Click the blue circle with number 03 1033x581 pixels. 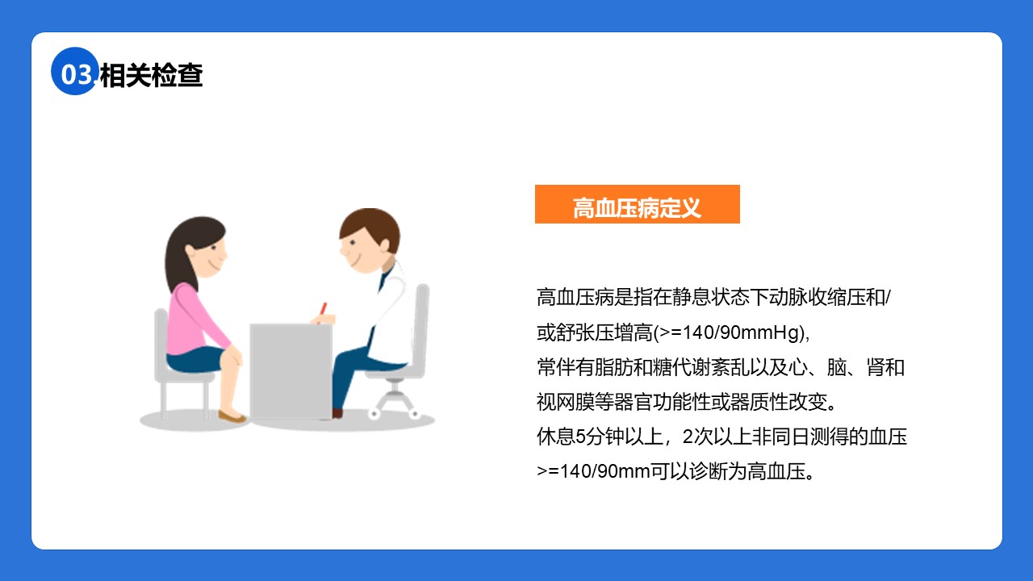click(x=74, y=72)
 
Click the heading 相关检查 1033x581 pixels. click(x=151, y=75)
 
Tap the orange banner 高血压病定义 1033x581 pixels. click(x=638, y=204)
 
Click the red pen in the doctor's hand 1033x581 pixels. click(x=324, y=308)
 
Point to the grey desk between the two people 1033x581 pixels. click(x=291, y=371)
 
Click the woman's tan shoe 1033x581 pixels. click(x=232, y=417)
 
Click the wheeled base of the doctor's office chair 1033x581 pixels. click(x=395, y=403)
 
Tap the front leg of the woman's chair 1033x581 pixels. click(x=206, y=399)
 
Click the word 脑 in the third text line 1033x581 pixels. click(x=836, y=367)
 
